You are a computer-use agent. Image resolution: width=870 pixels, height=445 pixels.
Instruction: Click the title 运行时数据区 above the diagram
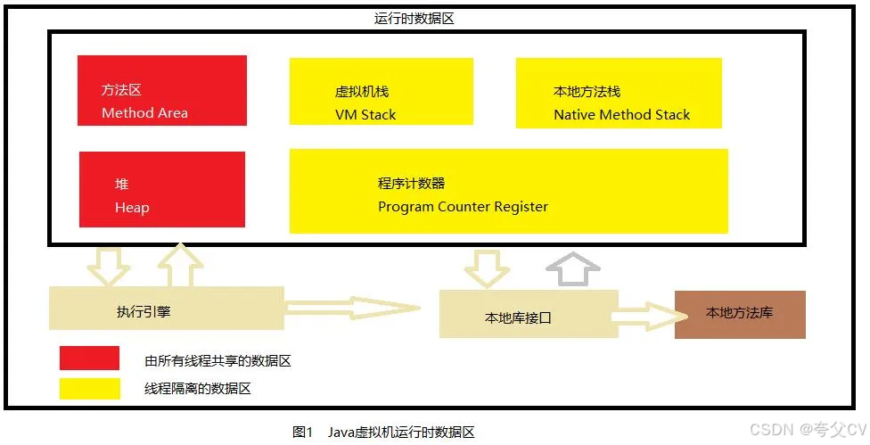[x=414, y=18]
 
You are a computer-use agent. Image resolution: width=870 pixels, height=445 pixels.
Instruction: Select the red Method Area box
[x=161, y=90]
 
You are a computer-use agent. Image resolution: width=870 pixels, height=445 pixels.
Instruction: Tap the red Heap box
[x=161, y=189]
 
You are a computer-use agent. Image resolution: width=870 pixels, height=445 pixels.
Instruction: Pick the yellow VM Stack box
[x=381, y=92]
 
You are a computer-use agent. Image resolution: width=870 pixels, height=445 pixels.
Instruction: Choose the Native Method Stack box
[x=619, y=93]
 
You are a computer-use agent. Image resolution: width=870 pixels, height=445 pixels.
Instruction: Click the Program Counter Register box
[x=508, y=191]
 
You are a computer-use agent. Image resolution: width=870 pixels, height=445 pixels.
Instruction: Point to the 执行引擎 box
[x=166, y=309]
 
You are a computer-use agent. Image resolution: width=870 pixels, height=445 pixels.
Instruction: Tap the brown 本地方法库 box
[x=739, y=314]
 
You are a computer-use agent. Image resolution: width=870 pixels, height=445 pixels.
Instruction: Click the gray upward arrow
[x=575, y=268]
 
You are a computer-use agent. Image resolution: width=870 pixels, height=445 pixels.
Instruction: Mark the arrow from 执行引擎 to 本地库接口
[x=352, y=309]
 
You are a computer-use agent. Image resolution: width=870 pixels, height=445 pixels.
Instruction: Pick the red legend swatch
[x=89, y=358]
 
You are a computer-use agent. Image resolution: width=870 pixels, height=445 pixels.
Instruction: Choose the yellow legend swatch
[x=89, y=389]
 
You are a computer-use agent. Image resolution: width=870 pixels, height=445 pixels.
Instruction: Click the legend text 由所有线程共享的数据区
[x=217, y=361]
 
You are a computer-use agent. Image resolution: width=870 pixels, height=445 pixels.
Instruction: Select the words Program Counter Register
[x=463, y=207]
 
